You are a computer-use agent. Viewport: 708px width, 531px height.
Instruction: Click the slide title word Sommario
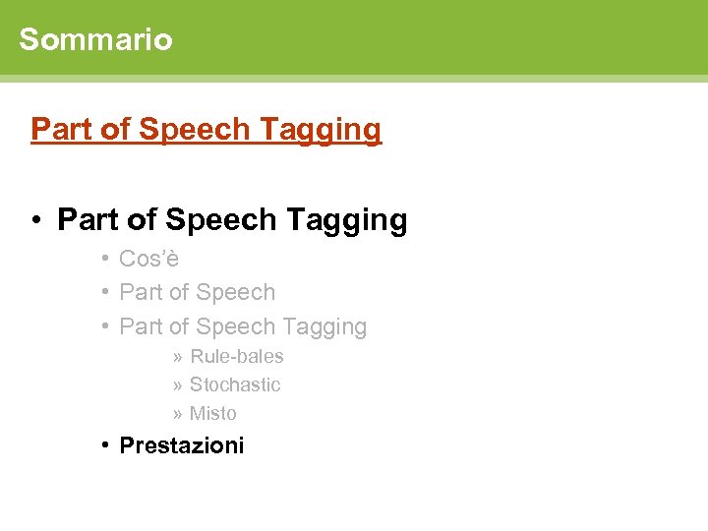coord(95,39)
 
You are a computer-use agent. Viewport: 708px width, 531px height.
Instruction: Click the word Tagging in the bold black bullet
coord(346,220)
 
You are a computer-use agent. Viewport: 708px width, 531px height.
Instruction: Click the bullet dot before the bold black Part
coord(34,220)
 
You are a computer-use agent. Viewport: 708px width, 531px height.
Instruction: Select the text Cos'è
coord(148,259)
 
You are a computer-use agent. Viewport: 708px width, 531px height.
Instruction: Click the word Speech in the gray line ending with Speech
coord(236,292)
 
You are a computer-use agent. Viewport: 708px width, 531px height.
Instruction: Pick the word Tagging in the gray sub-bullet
coord(324,326)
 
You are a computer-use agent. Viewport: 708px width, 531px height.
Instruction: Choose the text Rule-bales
coord(236,356)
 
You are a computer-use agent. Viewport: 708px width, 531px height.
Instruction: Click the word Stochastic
coord(235,384)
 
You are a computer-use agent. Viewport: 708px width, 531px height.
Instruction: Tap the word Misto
coord(212,413)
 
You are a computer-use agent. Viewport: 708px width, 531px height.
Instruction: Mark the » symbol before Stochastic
coord(177,385)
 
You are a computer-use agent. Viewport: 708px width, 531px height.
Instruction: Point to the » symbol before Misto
coord(177,414)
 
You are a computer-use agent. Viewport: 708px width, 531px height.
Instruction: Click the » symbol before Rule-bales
coord(177,357)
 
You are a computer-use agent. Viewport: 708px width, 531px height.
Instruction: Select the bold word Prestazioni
coord(181,445)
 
